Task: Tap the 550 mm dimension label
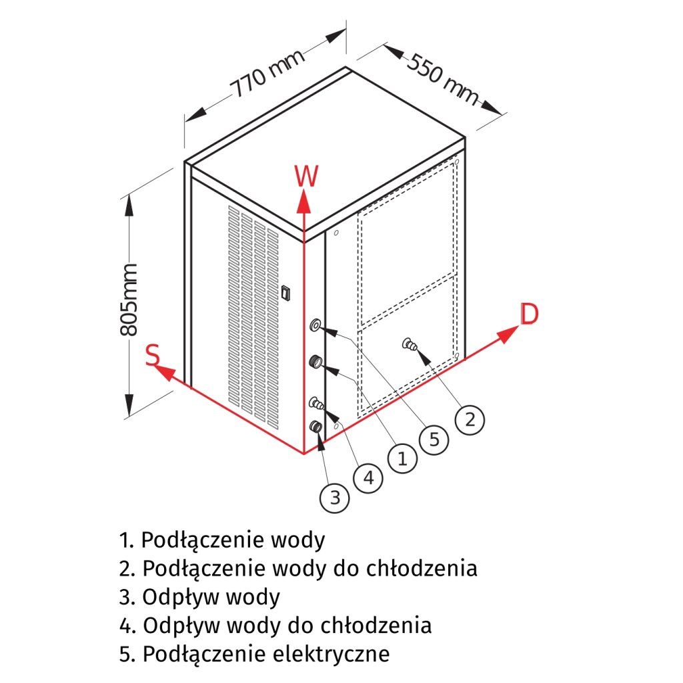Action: [442, 79]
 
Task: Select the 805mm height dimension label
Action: [130, 299]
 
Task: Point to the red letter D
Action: [529, 314]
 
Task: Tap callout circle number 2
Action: [470, 420]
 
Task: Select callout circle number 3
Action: [335, 497]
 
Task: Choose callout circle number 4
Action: [368, 478]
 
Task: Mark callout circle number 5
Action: [434, 439]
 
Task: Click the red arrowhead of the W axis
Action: [303, 199]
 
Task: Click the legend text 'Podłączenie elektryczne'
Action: [265, 654]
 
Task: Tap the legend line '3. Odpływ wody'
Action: [200, 596]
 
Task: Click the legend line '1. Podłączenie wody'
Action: [223, 539]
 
